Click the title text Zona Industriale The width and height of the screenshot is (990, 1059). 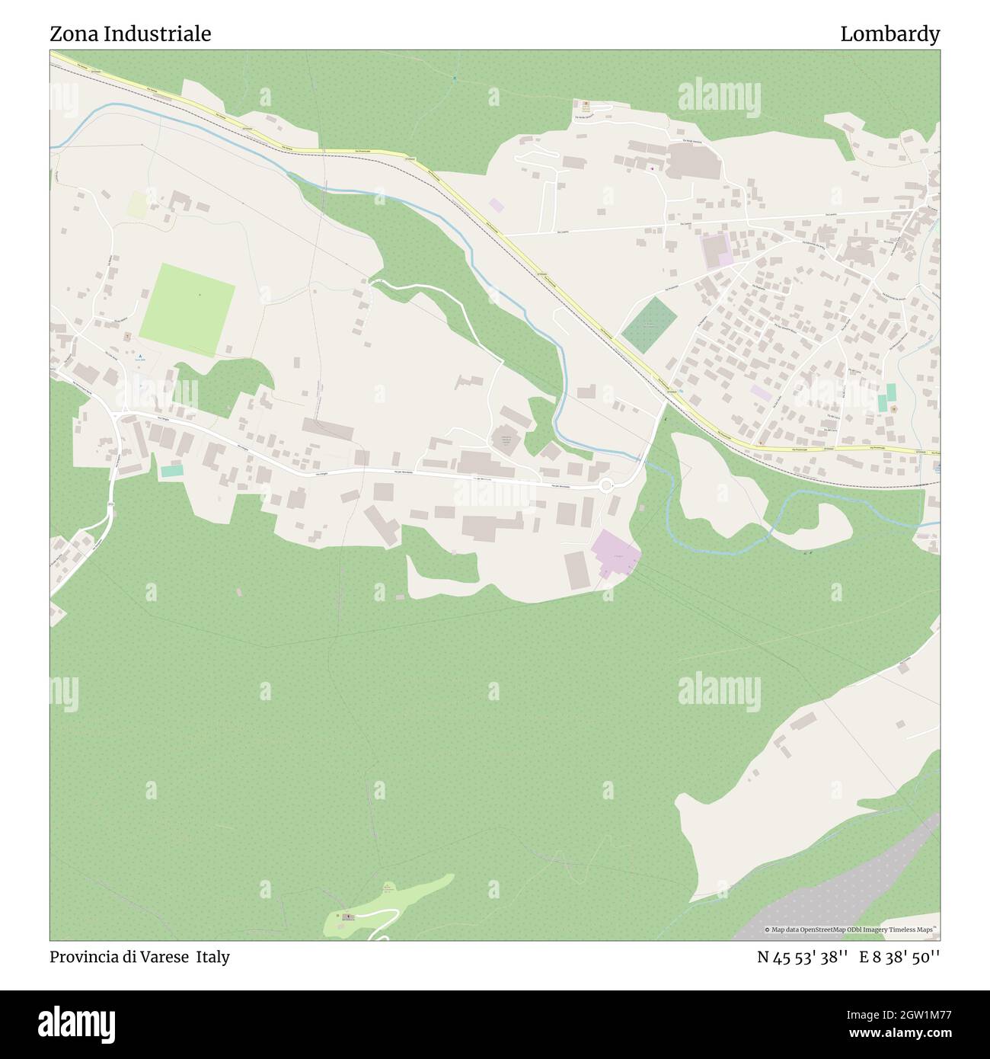[130, 34]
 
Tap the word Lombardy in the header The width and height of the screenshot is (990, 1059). [889, 34]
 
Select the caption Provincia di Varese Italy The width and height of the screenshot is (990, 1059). [139, 957]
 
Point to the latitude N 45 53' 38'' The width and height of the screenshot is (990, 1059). [803, 957]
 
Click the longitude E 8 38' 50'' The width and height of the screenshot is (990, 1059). [899, 957]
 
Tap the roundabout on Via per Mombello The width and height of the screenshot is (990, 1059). [606, 485]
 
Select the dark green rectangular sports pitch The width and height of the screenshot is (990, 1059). [649, 325]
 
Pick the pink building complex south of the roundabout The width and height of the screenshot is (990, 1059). [616, 552]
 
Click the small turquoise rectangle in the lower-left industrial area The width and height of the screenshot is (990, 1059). [171, 471]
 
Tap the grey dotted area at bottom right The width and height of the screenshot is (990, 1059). [845, 891]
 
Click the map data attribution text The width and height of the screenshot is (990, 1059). [852, 929]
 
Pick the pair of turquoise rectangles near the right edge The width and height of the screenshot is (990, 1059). [886, 397]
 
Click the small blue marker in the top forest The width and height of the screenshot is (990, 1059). [455, 78]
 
